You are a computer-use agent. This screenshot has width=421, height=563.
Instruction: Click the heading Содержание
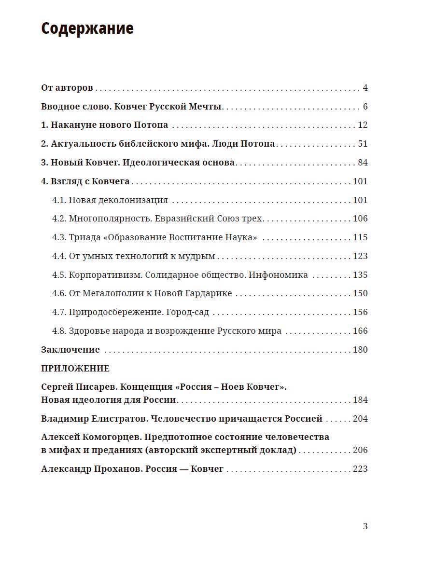pyautogui.click(x=87, y=29)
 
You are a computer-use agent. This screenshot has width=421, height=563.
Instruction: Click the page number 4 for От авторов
pyautogui.click(x=365, y=88)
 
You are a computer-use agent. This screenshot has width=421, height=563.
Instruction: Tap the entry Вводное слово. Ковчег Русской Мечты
pyautogui.click(x=131, y=107)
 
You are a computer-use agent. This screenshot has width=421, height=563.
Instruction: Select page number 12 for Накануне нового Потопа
pyautogui.click(x=363, y=125)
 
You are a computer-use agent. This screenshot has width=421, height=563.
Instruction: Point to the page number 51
pyautogui.click(x=363, y=144)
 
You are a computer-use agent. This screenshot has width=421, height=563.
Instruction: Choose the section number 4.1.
pyautogui.click(x=59, y=200)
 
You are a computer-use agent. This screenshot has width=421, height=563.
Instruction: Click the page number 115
pyautogui.click(x=360, y=237)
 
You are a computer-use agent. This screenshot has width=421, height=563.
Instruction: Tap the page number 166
pyautogui.click(x=360, y=331)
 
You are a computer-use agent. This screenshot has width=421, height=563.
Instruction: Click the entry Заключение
pyautogui.click(x=70, y=350)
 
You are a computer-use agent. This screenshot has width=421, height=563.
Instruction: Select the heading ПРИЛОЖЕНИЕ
pyautogui.click(x=75, y=369)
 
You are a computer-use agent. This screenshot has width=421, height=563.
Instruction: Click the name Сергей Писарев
pyautogui.click(x=78, y=387)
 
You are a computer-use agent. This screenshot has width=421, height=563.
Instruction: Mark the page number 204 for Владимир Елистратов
pyautogui.click(x=360, y=419)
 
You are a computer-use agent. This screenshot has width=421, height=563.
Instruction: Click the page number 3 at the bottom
pyautogui.click(x=365, y=526)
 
